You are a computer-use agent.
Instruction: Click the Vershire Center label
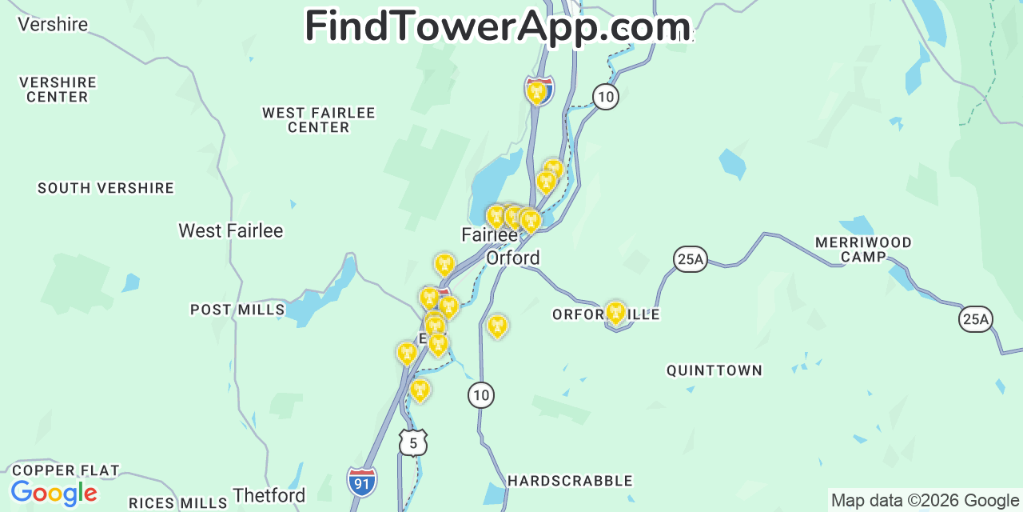pyautogui.click(x=58, y=90)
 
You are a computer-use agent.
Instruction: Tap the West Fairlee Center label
pyautogui.click(x=319, y=120)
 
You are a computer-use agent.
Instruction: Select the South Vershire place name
pyautogui.click(x=105, y=188)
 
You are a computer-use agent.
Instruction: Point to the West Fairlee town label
pyautogui.click(x=231, y=231)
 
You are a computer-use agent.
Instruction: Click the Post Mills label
pyautogui.click(x=237, y=310)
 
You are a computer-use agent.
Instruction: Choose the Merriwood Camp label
pyautogui.click(x=863, y=250)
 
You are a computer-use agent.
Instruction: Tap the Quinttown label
pyautogui.click(x=715, y=370)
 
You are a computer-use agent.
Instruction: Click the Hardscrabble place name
pyautogui.click(x=570, y=481)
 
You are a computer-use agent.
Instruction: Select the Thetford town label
pyautogui.click(x=269, y=495)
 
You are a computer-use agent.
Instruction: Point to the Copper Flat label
pyautogui.click(x=66, y=470)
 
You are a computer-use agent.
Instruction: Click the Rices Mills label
pyautogui.click(x=178, y=503)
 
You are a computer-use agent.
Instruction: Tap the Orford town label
pyautogui.click(x=513, y=258)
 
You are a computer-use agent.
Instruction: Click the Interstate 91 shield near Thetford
pyautogui.click(x=362, y=482)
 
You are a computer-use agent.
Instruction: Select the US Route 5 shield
pyautogui.click(x=412, y=442)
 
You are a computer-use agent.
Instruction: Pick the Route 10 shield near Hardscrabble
pyautogui.click(x=480, y=394)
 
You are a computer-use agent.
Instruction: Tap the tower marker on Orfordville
pyautogui.click(x=615, y=313)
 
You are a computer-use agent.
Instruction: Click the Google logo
pyautogui.click(x=54, y=493)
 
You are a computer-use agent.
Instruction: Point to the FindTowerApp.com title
pyautogui.click(x=497, y=26)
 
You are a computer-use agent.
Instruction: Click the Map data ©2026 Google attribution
pyautogui.click(x=925, y=501)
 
